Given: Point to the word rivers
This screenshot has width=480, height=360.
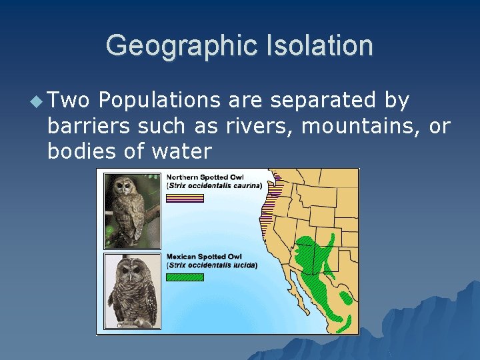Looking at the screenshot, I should (257, 126).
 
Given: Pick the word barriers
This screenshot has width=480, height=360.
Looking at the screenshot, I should (90, 126).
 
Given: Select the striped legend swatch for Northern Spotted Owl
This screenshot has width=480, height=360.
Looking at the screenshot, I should (185, 197).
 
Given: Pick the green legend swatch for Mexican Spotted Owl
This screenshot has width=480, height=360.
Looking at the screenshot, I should (185, 277).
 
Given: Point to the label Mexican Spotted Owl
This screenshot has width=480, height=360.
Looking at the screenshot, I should (204, 257).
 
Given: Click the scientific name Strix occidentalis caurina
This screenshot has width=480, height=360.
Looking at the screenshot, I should (214, 185).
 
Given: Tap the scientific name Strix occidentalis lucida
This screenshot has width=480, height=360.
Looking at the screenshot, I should (212, 265).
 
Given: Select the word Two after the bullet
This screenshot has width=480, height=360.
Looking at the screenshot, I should (69, 101).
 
